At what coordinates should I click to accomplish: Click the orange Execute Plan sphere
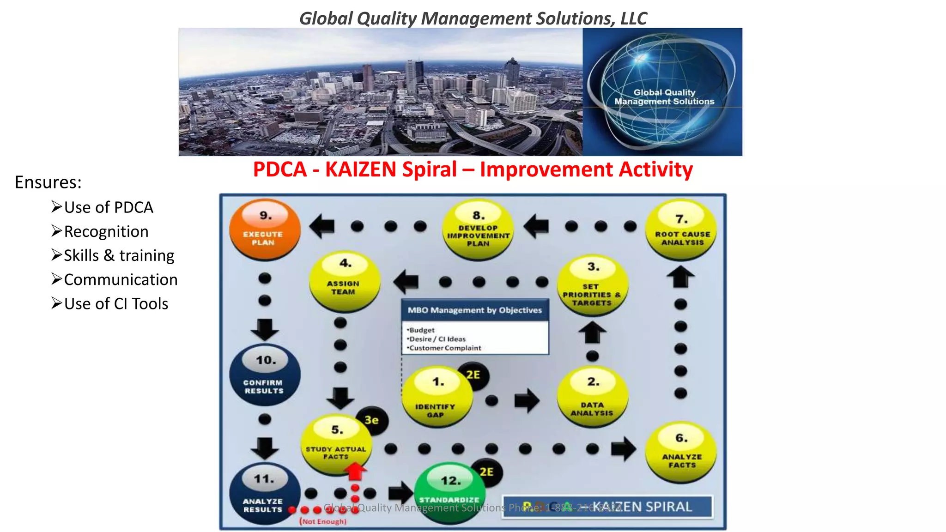[265, 230]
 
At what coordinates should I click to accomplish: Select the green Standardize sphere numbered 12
[449, 492]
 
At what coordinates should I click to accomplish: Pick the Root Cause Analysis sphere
[681, 230]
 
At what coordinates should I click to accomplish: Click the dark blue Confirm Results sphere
[265, 375]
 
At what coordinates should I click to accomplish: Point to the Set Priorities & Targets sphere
[592, 286]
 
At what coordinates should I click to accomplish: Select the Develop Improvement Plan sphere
[478, 230]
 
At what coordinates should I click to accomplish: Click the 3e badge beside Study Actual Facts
[372, 420]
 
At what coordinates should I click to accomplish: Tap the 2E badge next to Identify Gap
[473, 375]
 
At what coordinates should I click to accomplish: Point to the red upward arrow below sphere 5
[355, 472]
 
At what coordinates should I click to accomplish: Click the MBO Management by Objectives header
[474, 310]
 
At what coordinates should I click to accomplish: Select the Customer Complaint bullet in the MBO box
[445, 348]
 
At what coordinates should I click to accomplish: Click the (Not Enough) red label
[323, 521]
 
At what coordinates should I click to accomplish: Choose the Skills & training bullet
[119, 255]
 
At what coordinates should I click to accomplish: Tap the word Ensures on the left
[48, 182]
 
